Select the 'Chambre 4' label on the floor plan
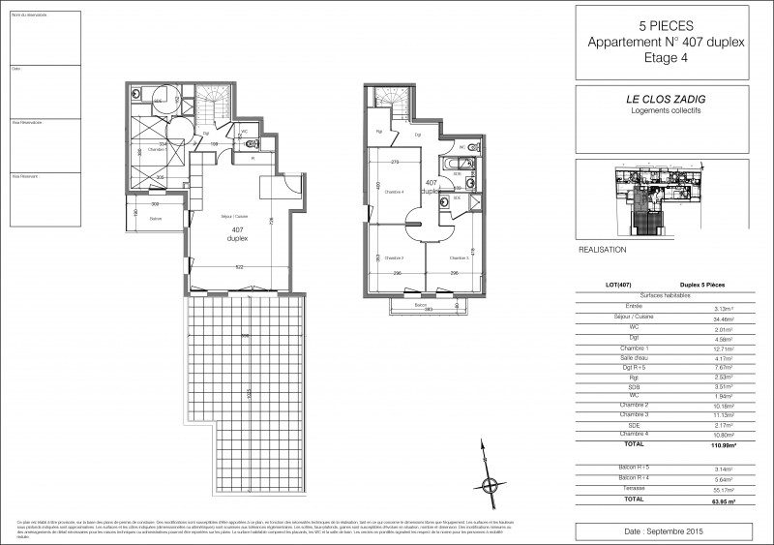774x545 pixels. coord(393,192)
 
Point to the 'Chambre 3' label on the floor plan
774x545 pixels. coord(458,258)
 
